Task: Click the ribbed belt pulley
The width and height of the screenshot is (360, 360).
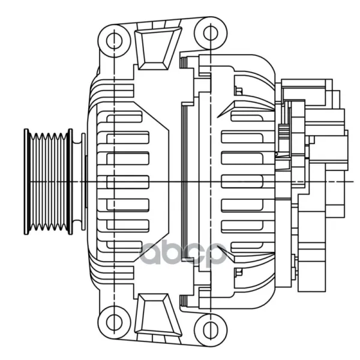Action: click(49, 182)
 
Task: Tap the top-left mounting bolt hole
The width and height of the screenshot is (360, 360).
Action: click(114, 41)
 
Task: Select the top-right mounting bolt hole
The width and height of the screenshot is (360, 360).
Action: click(211, 33)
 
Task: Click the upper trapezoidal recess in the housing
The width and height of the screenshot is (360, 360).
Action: click(158, 48)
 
